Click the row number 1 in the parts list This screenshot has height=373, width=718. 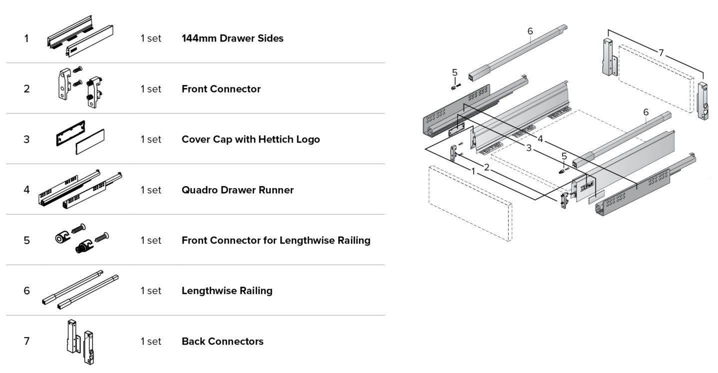click(26, 38)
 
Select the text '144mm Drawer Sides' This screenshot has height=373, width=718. click(232, 38)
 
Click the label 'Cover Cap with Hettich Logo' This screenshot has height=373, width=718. click(251, 139)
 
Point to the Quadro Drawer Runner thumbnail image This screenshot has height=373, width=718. click(80, 189)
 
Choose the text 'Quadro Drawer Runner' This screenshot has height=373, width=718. click(237, 190)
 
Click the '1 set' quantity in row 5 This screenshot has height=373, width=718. click(151, 240)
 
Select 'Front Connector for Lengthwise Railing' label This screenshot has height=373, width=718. click(276, 240)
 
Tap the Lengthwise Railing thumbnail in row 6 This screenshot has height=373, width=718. click(80, 289)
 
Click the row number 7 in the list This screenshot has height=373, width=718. click(26, 341)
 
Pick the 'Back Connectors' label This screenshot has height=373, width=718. click(222, 341)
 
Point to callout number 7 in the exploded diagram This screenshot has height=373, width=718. click(661, 52)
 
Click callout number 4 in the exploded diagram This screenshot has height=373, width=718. click(541, 139)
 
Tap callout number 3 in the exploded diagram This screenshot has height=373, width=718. click(529, 148)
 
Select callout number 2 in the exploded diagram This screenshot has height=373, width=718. click(487, 167)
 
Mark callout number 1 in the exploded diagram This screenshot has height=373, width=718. click(473, 171)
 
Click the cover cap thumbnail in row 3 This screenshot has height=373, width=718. click(80, 138)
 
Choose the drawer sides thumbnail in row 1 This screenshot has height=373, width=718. click(80, 36)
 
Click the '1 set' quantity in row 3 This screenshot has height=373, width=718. click(151, 139)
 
